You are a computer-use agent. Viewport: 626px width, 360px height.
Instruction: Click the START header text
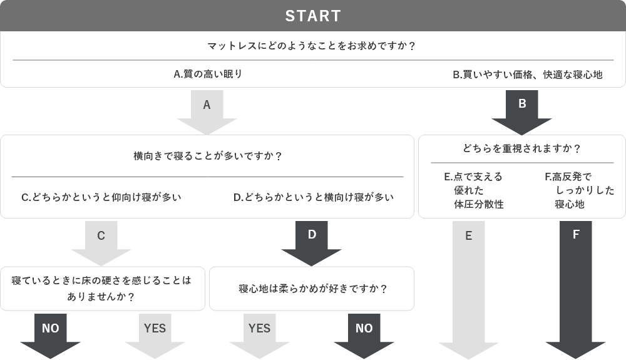pos(313,16)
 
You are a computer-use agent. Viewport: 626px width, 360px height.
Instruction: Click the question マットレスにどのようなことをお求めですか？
pos(312,46)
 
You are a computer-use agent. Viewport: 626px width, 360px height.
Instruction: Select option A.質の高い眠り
pos(207,74)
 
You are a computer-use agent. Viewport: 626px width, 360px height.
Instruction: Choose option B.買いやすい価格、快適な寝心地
pos(527,75)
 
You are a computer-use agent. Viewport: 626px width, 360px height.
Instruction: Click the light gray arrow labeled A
pos(207,112)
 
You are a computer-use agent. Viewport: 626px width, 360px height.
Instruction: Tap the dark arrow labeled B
pos(522,112)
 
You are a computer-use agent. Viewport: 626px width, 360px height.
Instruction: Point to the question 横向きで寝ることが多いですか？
pos(207,155)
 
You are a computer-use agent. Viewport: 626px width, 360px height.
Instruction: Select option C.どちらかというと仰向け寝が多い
pos(101,197)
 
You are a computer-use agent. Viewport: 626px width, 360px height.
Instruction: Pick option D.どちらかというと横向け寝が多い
pos(313,197)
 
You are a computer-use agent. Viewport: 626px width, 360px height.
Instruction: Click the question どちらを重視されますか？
pos(522,149)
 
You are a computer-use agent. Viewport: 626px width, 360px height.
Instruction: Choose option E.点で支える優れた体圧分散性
pos(473,190)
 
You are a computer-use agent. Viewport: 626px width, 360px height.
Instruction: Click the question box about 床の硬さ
pos(102,289)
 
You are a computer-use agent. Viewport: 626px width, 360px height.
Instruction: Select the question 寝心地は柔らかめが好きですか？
pos(312,289)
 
